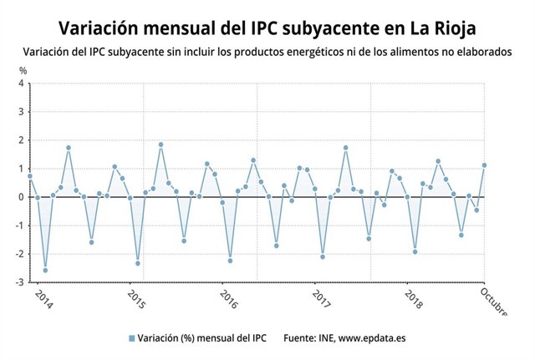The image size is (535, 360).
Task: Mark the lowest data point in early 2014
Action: coord(45,270)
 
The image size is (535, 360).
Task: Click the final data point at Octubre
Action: coord(484,165)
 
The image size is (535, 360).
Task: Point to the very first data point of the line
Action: coord(30,176)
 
